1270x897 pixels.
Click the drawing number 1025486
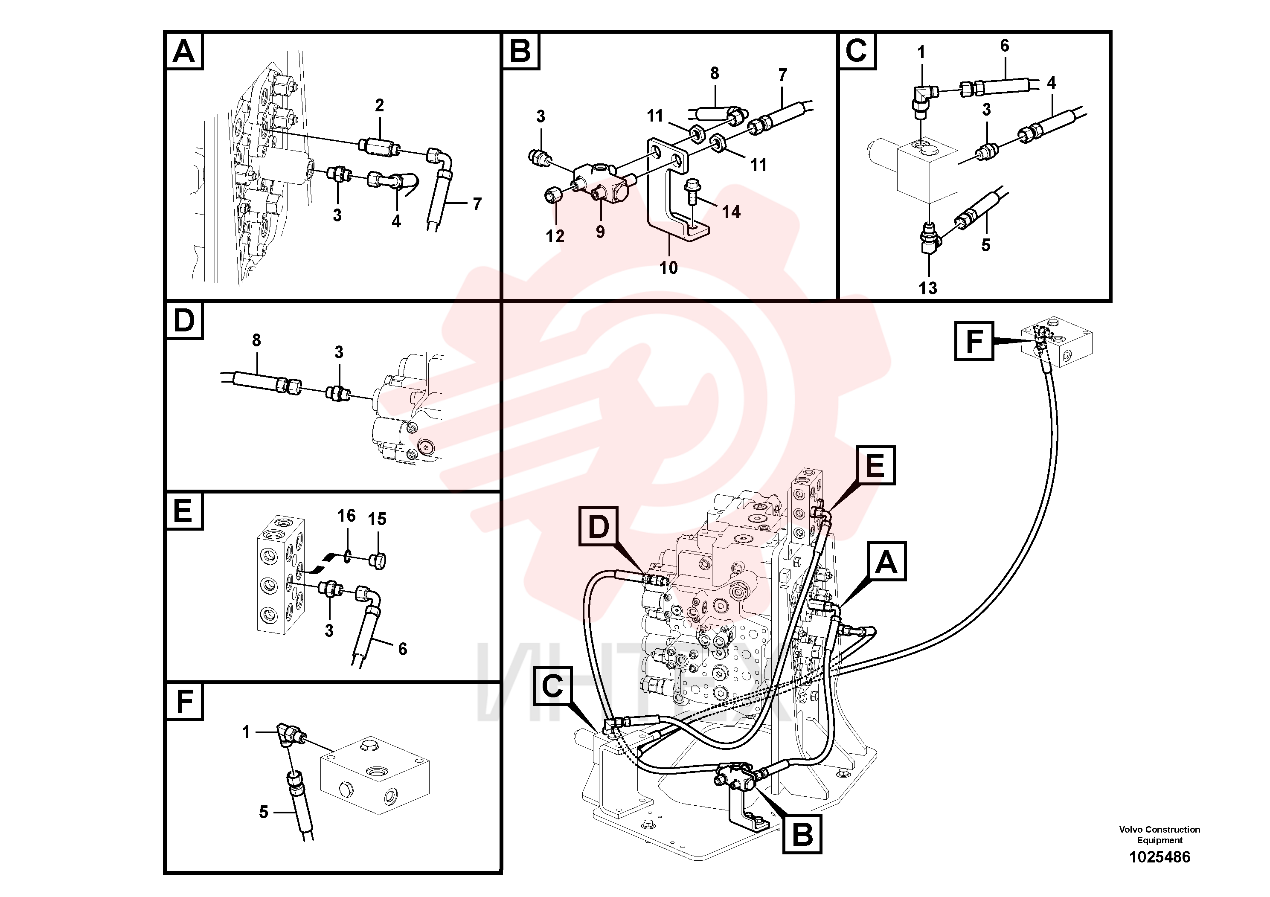tap(1160, 857)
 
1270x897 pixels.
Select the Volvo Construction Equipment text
tap(1160, 834)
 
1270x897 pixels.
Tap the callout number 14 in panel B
tap(731, 212)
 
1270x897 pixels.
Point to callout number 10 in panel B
tap(668, 268)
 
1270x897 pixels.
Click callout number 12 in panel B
tap(555, 236)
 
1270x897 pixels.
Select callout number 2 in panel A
tap(379, 105)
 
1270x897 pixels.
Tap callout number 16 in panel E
tap(346, 515)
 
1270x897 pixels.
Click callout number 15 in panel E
tap(377, 519)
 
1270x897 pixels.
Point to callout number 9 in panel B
tap(600, 232)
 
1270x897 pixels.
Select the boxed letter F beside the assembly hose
tap(974, 341)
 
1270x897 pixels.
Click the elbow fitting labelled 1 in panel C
tap(922, 99)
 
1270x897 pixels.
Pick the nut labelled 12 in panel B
tap(554, 194)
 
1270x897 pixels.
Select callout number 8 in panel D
tap(256, 340)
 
